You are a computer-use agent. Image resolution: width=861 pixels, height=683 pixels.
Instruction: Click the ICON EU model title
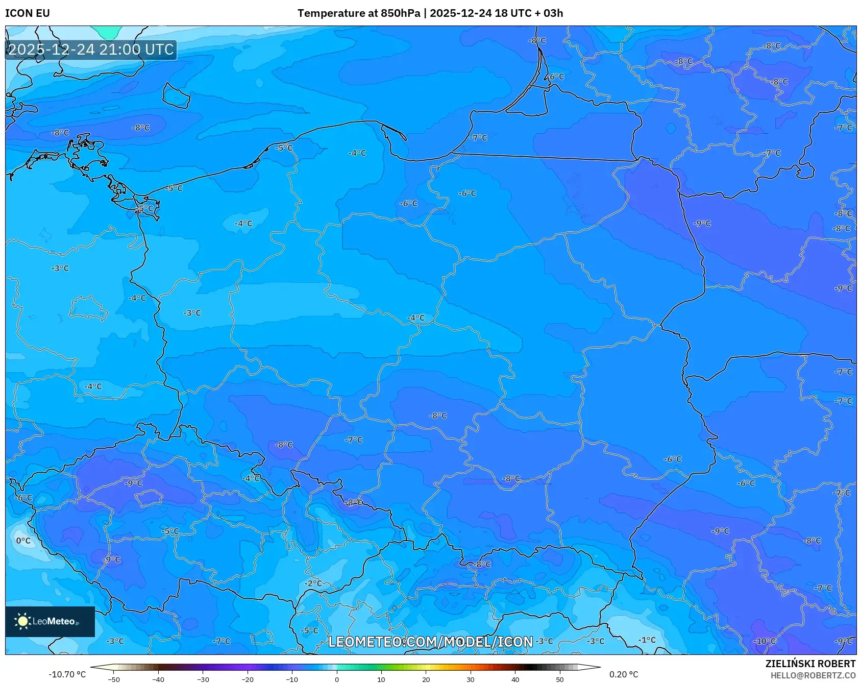point(28,13)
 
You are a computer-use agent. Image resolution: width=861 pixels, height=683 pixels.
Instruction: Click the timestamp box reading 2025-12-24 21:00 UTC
point(91,50)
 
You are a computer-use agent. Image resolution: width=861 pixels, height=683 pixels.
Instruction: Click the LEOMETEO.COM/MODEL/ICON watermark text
point(430,642)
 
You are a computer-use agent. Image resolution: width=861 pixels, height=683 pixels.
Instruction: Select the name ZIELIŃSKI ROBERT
point(810,664)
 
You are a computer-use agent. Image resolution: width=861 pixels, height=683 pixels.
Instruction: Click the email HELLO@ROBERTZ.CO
point(813,675)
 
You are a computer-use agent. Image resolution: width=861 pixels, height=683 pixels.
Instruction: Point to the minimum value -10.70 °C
point(67,674)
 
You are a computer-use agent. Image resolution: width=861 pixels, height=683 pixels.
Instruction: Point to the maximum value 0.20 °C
point(623,674)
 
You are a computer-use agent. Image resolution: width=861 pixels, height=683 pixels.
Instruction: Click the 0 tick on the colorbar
point(336,679)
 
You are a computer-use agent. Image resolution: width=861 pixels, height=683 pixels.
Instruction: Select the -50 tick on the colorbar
point(114,679)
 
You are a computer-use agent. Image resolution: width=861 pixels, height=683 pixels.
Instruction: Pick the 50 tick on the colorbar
point(560,679)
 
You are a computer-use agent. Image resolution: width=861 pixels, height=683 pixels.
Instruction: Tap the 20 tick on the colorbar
point(426,679)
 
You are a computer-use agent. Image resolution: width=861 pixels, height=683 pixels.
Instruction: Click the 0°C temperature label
point(23,541)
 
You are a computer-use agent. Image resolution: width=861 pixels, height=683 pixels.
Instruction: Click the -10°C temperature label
point(765,641)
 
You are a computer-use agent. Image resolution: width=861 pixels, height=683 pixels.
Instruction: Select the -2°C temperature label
point(313,583)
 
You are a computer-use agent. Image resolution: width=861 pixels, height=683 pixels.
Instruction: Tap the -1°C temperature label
point(647,640)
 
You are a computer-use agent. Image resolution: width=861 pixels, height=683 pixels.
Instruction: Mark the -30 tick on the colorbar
point(203,679)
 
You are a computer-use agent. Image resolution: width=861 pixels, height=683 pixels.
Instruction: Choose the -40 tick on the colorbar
point(158,679)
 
